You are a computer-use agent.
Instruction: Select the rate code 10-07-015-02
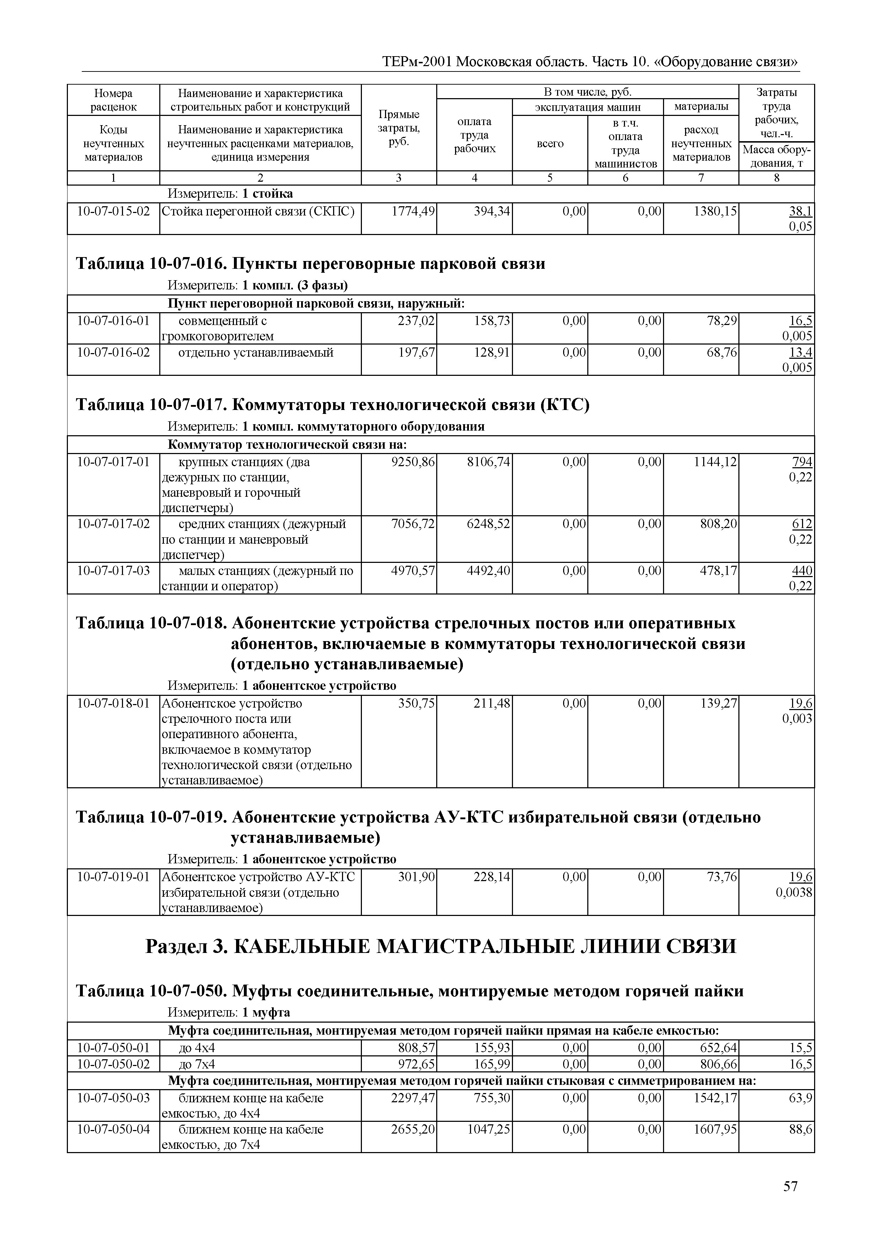113,211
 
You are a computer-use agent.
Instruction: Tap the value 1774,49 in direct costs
413,211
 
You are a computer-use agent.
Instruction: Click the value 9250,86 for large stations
413,462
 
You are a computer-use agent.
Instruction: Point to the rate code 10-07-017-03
113,571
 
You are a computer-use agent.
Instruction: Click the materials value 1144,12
715,462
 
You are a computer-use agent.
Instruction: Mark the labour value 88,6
801,1130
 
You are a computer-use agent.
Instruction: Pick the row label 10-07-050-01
113,1048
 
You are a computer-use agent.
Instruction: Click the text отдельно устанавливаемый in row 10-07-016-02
256,353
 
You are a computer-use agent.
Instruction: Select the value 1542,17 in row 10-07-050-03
715,1098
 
